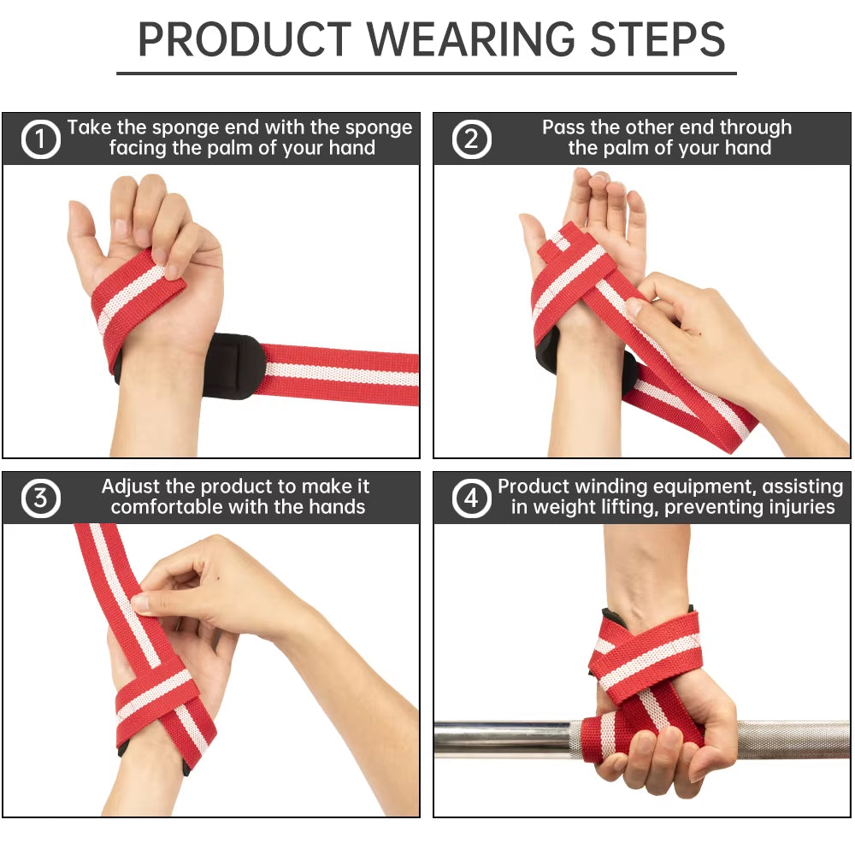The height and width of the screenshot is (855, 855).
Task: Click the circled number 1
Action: pos(40,140)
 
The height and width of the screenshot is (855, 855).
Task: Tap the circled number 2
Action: pos(471,140)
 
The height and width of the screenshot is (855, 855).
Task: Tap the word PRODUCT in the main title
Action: pos(245,39)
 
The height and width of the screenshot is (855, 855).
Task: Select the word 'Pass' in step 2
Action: pos(563,128)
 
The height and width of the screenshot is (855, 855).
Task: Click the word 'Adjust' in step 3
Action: pos(131,487)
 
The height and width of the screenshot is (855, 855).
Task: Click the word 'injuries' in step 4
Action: pos(797,508)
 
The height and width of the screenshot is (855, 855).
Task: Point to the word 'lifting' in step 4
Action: pos(628,508)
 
